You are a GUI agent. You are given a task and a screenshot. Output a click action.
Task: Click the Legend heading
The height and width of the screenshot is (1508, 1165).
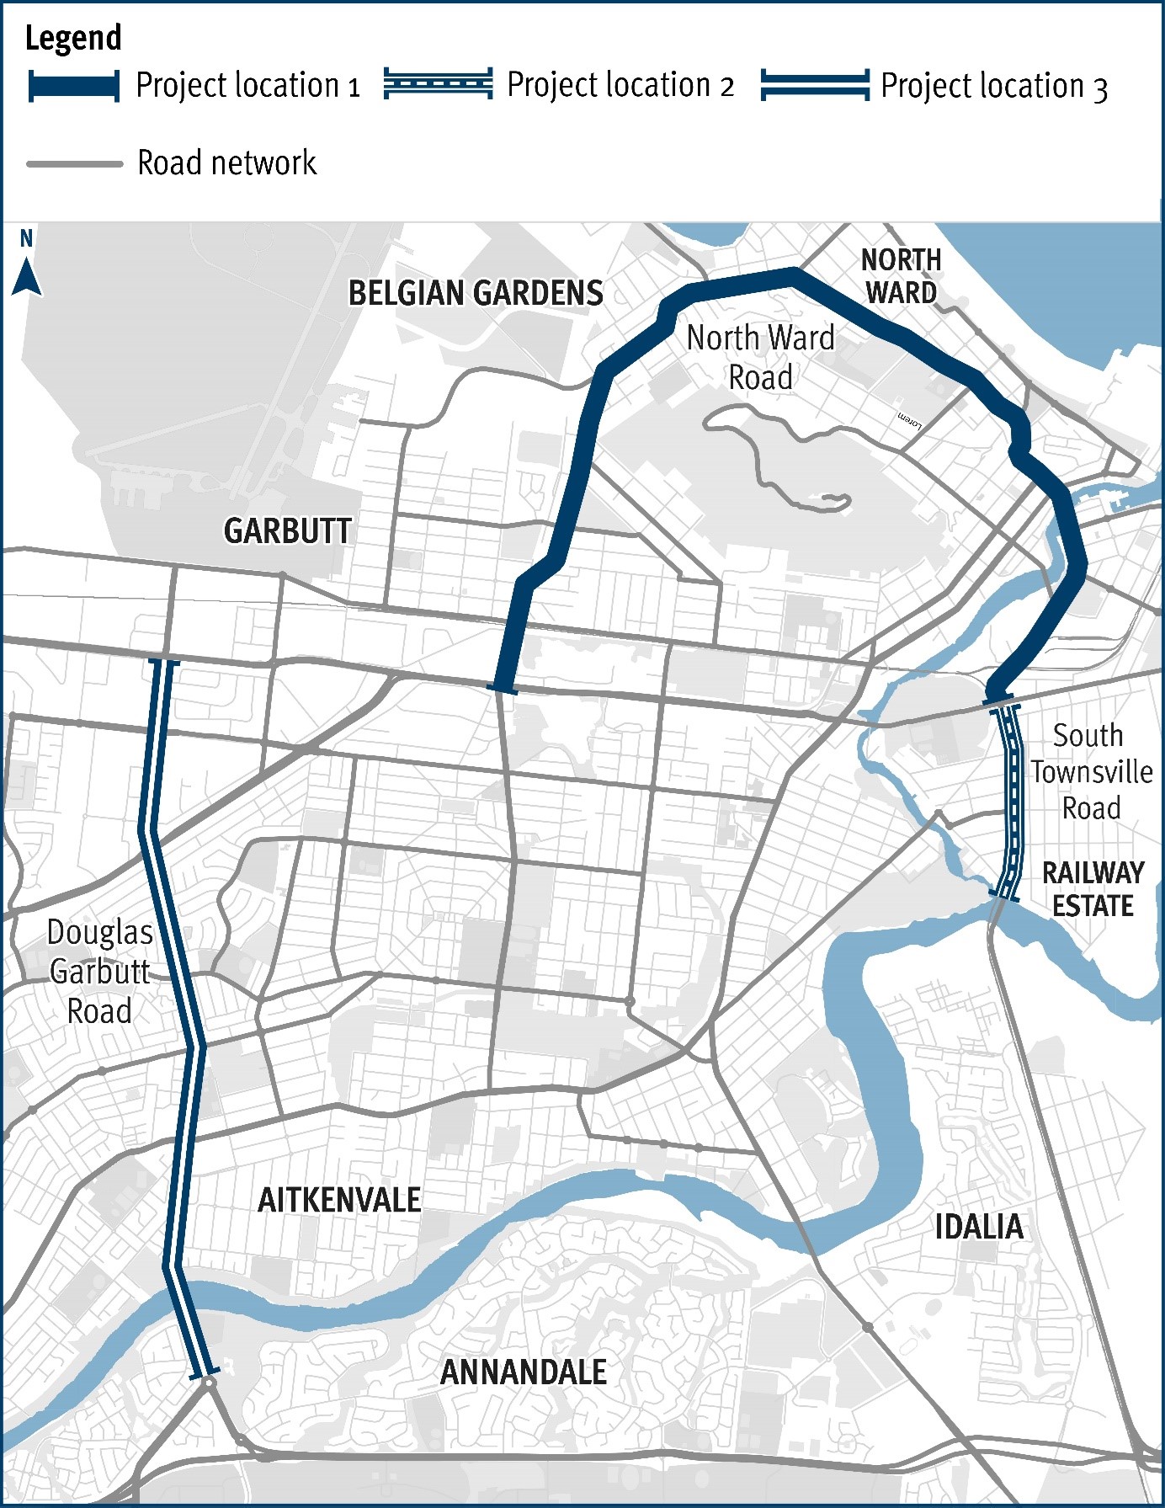73,39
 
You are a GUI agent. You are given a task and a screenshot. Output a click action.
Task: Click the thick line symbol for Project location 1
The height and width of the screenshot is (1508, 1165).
74,86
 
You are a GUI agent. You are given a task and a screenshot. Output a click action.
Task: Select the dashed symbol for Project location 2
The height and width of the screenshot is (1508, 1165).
438,84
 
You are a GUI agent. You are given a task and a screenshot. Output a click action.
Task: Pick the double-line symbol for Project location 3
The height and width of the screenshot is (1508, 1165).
814,85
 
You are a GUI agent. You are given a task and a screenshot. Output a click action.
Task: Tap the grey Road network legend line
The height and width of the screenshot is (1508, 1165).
74,163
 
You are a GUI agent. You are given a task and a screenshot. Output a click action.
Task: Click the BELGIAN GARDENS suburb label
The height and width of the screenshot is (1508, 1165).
476,293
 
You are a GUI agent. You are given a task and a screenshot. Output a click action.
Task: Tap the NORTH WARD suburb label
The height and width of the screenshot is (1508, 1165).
901,276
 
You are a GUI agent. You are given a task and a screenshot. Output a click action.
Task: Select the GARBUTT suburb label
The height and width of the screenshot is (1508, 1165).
287,530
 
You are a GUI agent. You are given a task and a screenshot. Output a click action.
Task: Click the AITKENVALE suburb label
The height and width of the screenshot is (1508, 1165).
339,1200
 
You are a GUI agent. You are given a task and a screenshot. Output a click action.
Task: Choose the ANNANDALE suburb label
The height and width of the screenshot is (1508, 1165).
523,1372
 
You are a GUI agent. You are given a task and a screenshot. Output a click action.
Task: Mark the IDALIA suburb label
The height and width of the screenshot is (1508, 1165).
979,1226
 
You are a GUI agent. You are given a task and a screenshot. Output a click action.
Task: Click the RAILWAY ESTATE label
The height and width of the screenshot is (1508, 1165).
1093,889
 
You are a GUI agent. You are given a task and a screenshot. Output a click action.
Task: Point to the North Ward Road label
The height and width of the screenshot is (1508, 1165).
760,357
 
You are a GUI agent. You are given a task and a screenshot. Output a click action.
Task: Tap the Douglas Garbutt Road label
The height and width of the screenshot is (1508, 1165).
100,972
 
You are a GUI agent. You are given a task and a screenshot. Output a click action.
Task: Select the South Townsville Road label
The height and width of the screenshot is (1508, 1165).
1091,771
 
